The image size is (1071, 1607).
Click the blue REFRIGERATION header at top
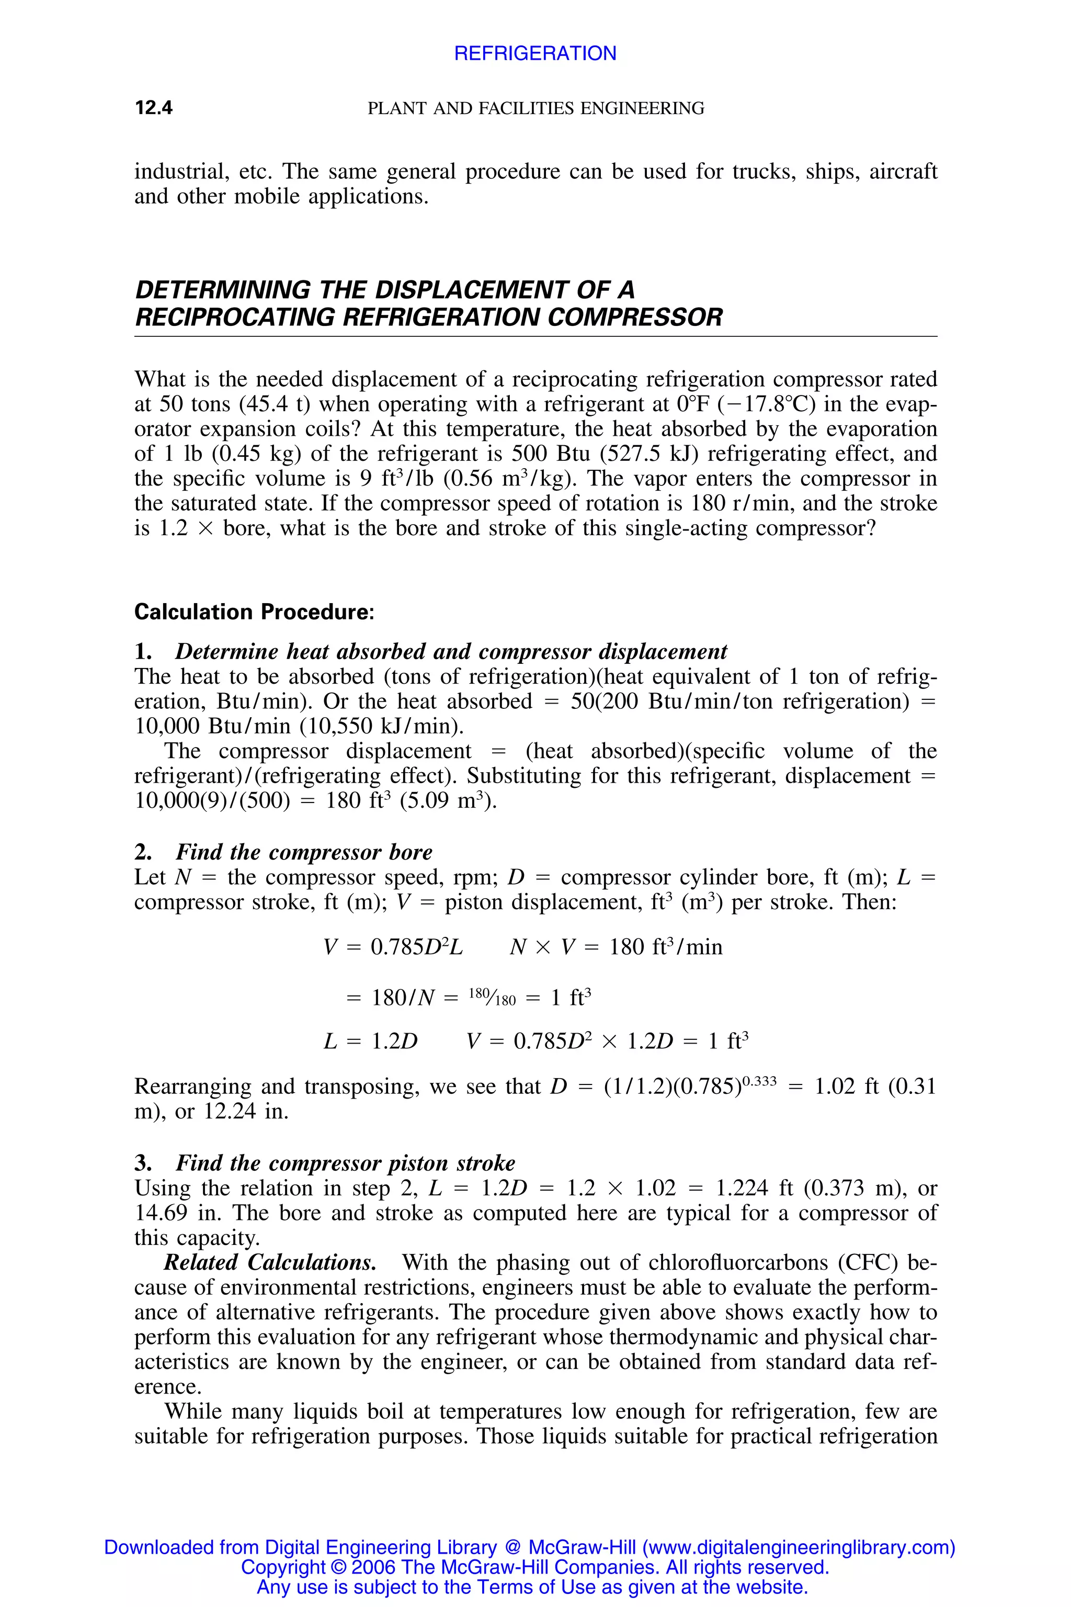pyautogui.click(x=535, y=53)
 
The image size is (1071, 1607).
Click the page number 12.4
pyautogui.click(x=154, y=107)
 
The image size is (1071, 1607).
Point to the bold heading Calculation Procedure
pyautogui.click(x=254, y=612)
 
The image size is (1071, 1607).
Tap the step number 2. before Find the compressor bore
pyautogui.click(x=143, y=852)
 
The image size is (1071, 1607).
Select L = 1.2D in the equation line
pyautogui.click(x=370, y=1042)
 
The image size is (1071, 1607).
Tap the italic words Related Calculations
pyautogui.click(x=270, y=1263)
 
